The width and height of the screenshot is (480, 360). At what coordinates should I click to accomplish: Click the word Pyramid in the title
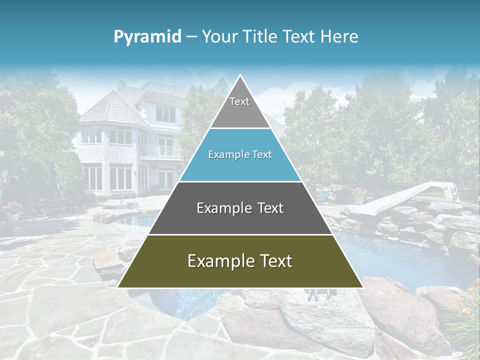(147, 36)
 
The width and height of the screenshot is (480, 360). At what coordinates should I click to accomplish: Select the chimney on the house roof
(121, 83)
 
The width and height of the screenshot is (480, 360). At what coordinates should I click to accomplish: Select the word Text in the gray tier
(239, 101)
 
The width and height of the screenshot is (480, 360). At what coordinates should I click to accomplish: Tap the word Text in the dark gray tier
(267, 208)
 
